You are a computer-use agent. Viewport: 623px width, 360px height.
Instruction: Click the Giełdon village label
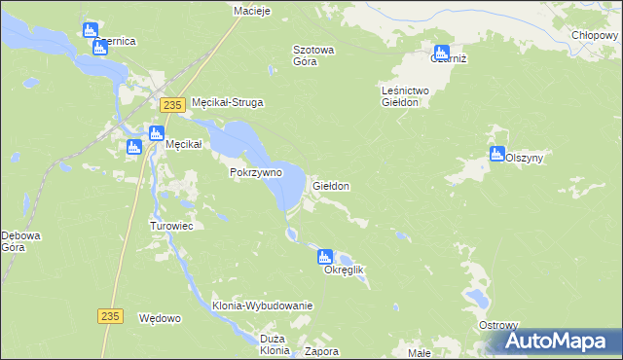tap(330, 185)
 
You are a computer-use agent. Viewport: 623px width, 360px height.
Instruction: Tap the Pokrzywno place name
tap(255, 172)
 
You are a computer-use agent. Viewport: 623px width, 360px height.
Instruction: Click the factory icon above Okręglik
tap(324, 257)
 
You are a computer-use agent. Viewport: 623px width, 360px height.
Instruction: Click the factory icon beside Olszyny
tap(497, 154)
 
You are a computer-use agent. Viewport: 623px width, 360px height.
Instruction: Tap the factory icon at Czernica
tap(91, 30)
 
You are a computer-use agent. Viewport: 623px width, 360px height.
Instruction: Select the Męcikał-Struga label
tap(229, 102)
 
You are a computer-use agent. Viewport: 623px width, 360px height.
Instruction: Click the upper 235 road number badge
tap(172, 105)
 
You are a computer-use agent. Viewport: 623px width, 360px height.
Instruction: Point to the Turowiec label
tap(171, 226)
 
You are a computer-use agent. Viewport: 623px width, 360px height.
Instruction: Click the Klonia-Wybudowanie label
tap(262, 306)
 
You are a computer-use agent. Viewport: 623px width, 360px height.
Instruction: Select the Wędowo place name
tap(161, 318)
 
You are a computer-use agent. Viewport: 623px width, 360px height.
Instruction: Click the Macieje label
tap(251, 11)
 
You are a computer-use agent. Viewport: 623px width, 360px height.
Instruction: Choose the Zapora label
tap(321, 351)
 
